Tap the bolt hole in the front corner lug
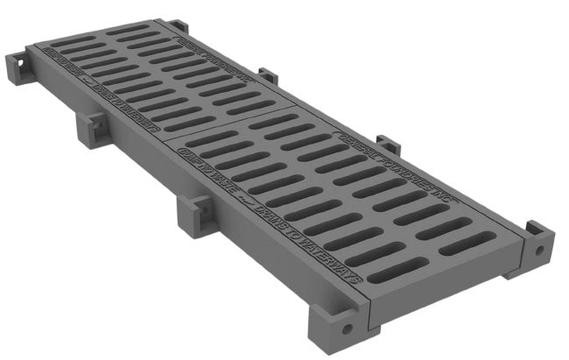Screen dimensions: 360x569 [x=348, y=329]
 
